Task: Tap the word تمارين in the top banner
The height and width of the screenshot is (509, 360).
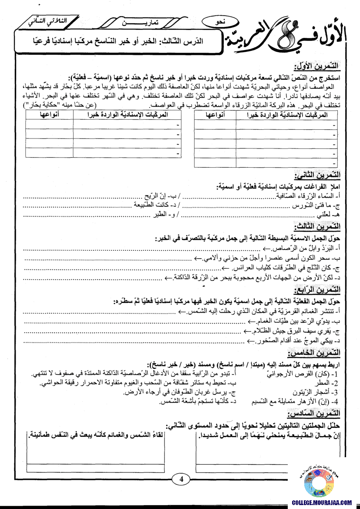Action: tap(154, 22)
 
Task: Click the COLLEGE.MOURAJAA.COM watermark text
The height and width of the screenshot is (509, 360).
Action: tap(322, 502)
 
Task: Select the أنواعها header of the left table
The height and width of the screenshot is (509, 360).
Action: tap(49, 115)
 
